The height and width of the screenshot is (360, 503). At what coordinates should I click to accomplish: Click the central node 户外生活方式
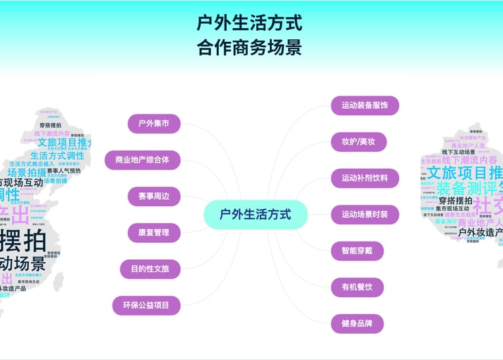coord(255,214)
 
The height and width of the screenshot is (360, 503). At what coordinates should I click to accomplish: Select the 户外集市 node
coord(154,123)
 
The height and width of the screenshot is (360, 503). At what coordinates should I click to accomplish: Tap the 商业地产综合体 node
coord(142,160)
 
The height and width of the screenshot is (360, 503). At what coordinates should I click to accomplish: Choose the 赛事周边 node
coord(154,196)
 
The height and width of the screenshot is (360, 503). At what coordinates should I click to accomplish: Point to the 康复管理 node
coord(154,232)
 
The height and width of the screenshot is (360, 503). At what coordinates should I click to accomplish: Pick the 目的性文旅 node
coord(150,268)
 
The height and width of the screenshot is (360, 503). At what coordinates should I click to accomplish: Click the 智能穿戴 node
coord(358,251)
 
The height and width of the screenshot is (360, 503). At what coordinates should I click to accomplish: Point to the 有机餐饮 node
coord(358,287)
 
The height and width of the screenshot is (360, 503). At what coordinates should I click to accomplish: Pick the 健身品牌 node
coord(358,323)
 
